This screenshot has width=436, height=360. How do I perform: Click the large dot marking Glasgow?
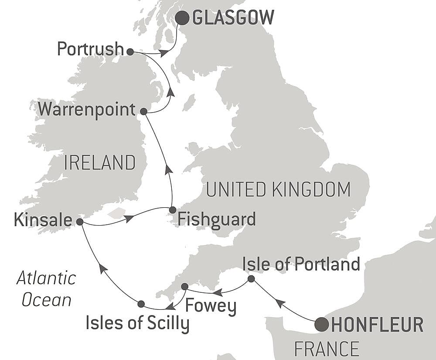coord(182,18)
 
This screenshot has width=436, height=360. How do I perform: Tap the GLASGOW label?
coord(233,18)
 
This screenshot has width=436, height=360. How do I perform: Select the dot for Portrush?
coord(130,51)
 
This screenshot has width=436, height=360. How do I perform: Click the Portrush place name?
coord(90,49)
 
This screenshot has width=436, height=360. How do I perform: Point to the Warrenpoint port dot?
coord(143,112)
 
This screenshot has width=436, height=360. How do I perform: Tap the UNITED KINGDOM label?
coord(278,190)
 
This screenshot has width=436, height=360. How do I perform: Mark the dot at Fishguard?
coord(173,210)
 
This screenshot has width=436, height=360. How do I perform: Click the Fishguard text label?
coord(217,219)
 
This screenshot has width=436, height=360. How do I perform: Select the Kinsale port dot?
coord(80,222)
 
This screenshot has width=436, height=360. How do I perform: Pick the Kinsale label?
coord(43,220)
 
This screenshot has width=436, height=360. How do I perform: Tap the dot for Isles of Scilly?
coord(141,303)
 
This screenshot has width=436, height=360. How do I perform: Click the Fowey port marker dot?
coord(184,287)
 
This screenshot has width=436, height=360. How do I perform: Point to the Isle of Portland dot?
coord(251,278)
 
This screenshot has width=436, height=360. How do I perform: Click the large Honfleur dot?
coord(322,324)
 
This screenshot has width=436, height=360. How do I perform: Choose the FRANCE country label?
coord(327,349)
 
